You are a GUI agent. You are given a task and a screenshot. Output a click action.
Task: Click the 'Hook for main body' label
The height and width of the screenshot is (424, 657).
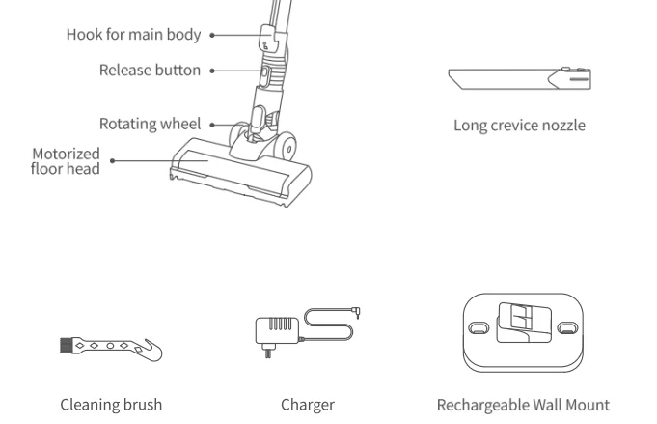(133, 35)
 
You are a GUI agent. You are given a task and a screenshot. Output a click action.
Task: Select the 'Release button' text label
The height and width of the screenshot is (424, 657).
(150, 71)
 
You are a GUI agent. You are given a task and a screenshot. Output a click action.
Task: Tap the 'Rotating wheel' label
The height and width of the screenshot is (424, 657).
(150, 124)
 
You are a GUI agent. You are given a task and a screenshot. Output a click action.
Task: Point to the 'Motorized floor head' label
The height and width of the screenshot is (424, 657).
(66, 161)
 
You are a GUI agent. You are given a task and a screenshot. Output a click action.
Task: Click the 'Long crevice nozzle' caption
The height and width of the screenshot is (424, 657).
(519, 126)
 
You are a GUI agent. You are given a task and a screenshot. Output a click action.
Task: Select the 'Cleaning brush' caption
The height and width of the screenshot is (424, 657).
(111, 405)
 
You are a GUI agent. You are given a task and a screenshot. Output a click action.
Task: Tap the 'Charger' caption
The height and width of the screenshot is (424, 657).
(308, 405)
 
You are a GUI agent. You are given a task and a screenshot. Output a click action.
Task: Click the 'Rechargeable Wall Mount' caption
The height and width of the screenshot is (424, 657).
(523, 405)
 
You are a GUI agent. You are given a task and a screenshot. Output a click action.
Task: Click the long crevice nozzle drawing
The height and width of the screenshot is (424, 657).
(519, 77)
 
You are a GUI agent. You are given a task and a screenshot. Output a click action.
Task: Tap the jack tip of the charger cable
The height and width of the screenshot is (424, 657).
(358, 312)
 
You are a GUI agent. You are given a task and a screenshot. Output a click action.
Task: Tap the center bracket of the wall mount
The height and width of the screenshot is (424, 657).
(522, 321)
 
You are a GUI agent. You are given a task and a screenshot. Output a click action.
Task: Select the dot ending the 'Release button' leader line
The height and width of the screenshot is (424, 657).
(211, 71)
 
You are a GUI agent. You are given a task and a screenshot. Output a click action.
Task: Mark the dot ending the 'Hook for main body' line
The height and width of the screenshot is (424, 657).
(211, 35)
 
